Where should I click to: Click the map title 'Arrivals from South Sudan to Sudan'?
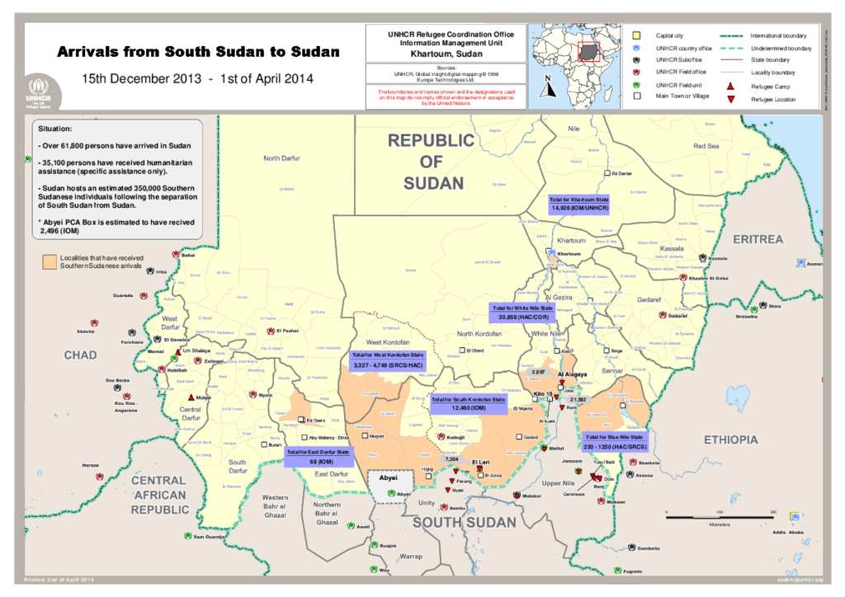[x=198, y=52]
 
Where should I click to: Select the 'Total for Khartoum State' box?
[x=578, y=204]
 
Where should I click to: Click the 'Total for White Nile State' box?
[x=522, y=311]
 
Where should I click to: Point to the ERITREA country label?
[x=758, y=239]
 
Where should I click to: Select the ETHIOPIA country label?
[x=730, y=440]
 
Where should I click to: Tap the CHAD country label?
[x=80, y=355]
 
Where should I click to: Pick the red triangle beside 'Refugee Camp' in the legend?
[x=730, y=87]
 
